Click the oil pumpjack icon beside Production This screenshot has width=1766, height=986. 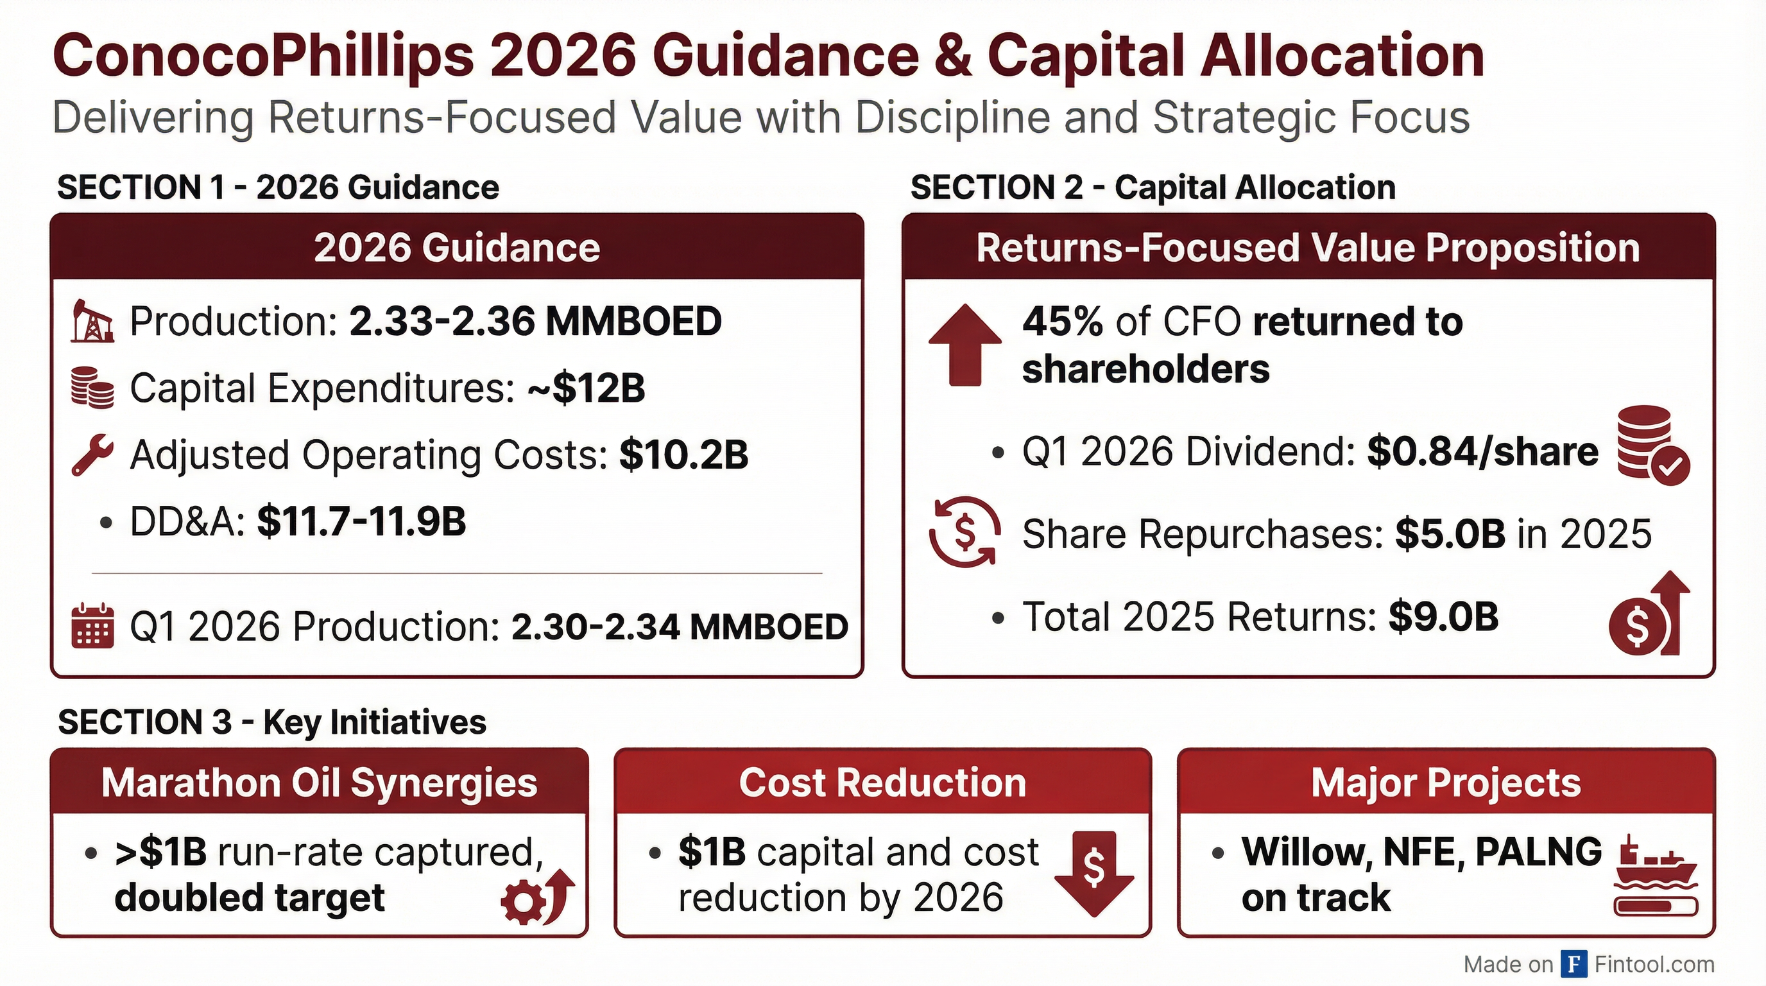click(91, 320)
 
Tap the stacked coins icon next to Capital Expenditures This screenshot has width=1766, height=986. click(92, 388)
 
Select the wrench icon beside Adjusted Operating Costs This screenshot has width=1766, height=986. click(92, 454)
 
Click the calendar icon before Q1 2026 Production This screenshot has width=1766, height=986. click(92, 626)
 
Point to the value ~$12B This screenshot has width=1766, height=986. click(586, 388)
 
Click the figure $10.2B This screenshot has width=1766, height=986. click(683, 454)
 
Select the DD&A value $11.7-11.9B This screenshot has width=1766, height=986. click(361, 521)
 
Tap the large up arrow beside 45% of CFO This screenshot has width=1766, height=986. click(964, 343)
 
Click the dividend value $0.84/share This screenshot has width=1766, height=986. click(1482, 452)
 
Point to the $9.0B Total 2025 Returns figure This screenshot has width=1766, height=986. click(1443, 616)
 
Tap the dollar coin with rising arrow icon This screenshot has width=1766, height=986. click(1648, 614)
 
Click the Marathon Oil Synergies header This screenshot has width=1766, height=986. click(320, 783)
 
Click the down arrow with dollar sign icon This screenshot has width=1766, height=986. click(1093, 873)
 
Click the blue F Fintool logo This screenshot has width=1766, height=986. click(1574, 964)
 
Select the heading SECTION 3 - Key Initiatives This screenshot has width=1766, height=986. click(272, 722)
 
